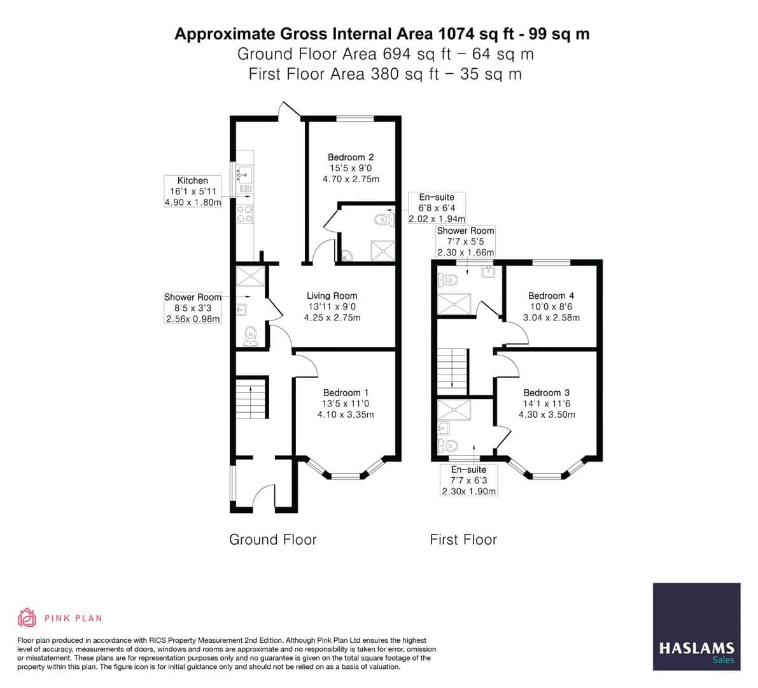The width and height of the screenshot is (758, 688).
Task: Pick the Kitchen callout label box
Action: [x=193, y=192]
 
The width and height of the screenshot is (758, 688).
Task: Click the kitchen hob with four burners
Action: [x=246, y=214]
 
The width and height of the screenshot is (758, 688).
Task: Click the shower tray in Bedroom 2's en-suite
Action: [x=383, y=250]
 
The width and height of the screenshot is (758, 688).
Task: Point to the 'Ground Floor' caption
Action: [x=272, y=540]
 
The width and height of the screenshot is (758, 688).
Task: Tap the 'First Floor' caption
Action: [x=463, y=540]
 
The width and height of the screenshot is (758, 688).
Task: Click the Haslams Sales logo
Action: [x=696, y=626]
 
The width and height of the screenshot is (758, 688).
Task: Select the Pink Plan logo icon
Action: [x=27, y=617]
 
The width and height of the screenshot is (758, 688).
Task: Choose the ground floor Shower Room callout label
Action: [x=193, y=308]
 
